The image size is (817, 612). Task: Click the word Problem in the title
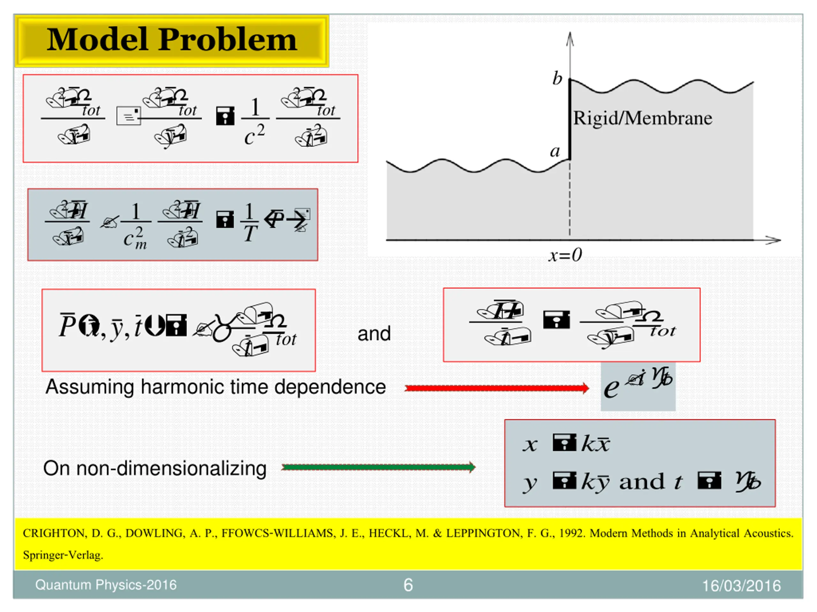(228, 40)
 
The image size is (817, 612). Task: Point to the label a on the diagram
(555, 151)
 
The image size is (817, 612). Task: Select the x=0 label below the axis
(565, 255)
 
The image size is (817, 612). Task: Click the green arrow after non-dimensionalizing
(378, 467)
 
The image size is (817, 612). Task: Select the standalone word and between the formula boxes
(374, 334)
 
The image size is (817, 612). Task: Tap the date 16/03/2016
(741, 586)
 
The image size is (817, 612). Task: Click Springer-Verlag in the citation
(63, 555)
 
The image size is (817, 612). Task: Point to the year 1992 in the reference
(571, 533)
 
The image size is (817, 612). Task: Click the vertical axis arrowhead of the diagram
(570, 37)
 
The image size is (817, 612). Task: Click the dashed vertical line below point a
(570, 199)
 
